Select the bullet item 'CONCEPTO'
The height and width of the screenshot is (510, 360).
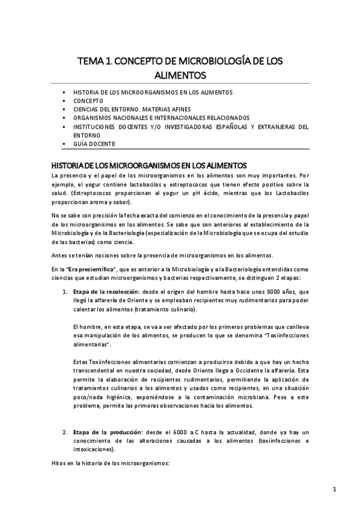pyautogui.click(x=88, y=101)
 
